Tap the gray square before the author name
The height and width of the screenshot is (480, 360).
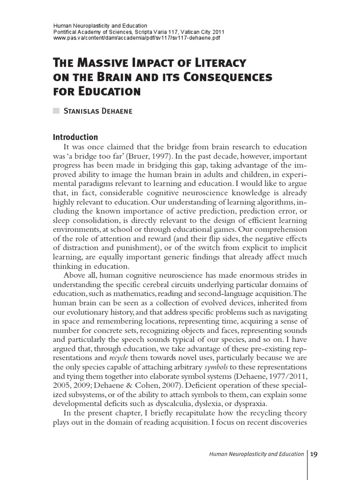[56, 111]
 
